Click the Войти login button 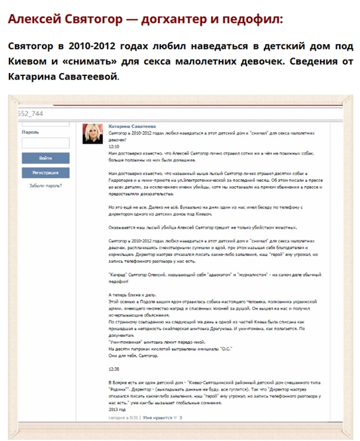(45, 159)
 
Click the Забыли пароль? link (45, 185)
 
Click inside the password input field (45, 143)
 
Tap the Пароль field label (30, 132)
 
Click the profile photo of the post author (94, 133)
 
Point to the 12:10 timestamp (114, 146)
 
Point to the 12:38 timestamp (114, 369)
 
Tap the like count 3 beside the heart (181, 418)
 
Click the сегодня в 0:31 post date (123, 418)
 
